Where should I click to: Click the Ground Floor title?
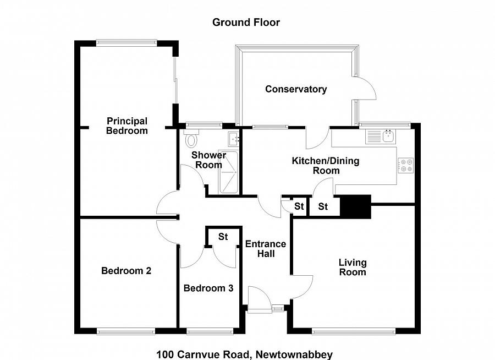246,23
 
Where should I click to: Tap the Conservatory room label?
296,89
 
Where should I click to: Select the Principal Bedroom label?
127,126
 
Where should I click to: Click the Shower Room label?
208,160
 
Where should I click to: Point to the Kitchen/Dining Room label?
326,165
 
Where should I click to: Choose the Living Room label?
353,267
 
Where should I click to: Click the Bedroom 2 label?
126,271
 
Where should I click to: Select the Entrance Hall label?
266,249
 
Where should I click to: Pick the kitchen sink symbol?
382,136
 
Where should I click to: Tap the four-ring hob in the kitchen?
406,165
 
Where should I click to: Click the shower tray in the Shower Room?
228,172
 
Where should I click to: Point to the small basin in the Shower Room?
234,138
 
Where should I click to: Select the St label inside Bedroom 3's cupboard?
223,237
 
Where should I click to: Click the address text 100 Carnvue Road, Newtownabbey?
244,354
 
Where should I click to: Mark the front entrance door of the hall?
259,300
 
